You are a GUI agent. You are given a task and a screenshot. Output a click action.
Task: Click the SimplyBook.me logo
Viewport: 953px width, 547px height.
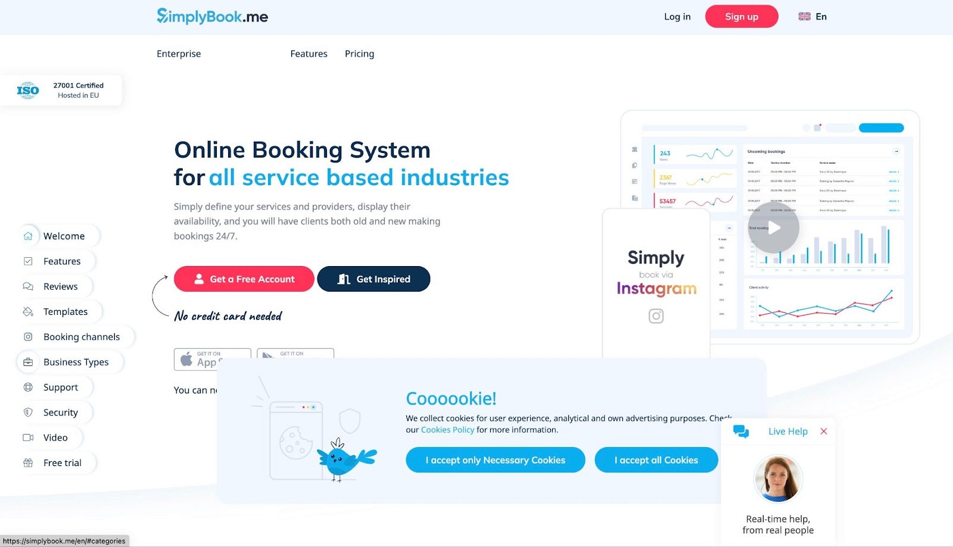click(212, 16)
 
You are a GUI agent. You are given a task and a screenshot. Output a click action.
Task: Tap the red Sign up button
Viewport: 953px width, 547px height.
click(742, 17)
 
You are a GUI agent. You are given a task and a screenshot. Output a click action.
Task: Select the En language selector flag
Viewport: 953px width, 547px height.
click(805, 17)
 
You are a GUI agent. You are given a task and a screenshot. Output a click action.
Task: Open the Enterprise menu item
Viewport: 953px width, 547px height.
click(179, 54)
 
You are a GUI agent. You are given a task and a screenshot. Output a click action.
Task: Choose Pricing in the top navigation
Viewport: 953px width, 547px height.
click(359, 54)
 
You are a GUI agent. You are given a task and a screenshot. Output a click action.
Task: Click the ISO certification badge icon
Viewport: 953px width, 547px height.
click(27, 90)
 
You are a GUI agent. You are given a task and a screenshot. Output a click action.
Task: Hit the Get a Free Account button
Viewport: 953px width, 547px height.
click(244, 279)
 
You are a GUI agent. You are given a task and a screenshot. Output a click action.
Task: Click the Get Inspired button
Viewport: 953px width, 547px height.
click(373, 279)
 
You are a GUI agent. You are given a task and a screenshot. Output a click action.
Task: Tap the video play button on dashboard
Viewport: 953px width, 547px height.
click(774, 228)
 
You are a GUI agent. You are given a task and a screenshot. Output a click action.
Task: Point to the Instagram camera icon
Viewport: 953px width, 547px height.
click(656, 316)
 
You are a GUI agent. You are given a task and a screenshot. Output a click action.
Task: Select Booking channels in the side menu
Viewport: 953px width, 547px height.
click(82, 337)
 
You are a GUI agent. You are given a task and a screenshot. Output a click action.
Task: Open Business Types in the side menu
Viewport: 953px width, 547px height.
click(76, 362)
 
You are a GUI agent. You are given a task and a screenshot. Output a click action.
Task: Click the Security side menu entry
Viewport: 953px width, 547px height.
click(60, 412)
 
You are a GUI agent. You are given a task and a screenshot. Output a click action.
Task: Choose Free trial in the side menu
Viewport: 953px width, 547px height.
click(62, 462)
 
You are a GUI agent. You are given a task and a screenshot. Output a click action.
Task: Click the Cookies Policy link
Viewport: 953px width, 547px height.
click(447, 430)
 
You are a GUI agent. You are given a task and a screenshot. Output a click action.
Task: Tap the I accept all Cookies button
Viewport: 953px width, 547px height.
click(656, 460)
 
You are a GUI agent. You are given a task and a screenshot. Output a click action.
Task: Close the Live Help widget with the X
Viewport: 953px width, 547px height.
click(824, 431)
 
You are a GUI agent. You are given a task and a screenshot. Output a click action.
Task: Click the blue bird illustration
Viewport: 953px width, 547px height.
click(342, 460)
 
